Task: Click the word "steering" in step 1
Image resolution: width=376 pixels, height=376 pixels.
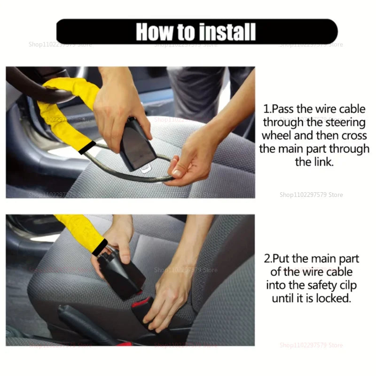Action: click(342, 123)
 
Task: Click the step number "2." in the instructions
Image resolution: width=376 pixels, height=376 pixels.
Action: click(268, 259)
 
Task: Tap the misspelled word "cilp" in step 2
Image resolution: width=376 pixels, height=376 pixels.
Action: click(345, 285)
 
